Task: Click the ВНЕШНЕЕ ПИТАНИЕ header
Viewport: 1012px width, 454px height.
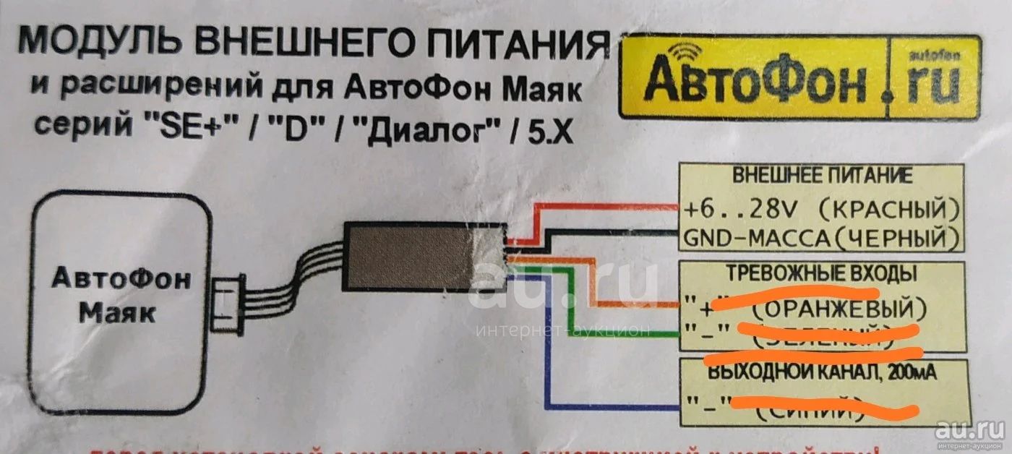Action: coord(821,176)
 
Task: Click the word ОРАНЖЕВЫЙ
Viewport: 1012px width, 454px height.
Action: coord(839,309)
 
